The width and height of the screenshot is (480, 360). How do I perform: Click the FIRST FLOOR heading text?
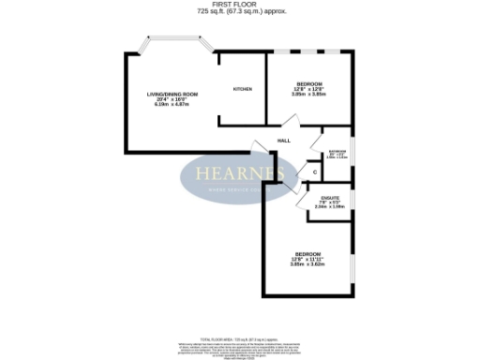240,6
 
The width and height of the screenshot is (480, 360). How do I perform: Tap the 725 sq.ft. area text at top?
240,13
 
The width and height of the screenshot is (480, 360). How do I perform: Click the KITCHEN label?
242,89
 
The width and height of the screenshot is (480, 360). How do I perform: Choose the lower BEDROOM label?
308,255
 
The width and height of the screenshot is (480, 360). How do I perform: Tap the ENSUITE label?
330,197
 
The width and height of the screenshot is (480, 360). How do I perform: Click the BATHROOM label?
337,151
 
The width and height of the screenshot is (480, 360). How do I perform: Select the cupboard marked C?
313,172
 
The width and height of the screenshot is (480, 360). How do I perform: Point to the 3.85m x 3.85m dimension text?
308,95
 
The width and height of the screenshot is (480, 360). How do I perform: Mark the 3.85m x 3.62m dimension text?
308,265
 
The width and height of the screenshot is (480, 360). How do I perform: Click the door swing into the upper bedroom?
291,122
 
